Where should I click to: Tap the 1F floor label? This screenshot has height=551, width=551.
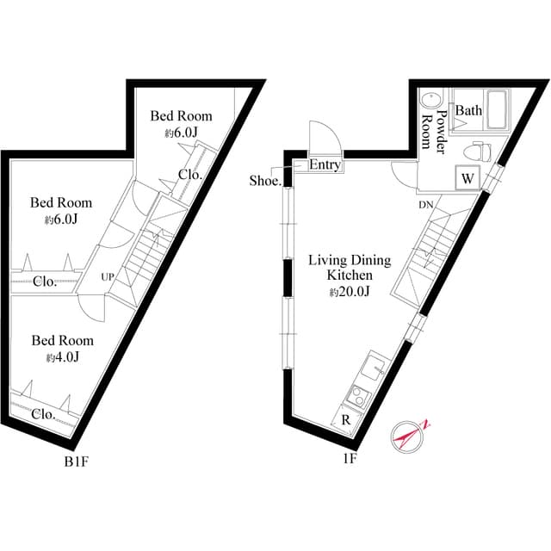click(350, 458)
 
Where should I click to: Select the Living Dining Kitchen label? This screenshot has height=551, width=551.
click(350, 267)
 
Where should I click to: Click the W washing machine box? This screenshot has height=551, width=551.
click(467, 179)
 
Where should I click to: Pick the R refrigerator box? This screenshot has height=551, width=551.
click(344, 420)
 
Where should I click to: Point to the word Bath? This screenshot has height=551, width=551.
click(468, 110)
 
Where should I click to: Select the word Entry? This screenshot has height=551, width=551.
click(324, 165)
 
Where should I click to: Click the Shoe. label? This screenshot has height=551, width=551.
click(265, 181)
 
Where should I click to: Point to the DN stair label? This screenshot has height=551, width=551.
click(426, 205)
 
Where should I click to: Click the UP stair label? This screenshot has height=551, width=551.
click(108, 276)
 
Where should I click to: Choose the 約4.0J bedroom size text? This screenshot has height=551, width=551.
click(63, 357)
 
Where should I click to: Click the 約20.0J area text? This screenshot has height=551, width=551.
click(350, 292)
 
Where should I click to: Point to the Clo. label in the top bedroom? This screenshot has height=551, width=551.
click(189, 174)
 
